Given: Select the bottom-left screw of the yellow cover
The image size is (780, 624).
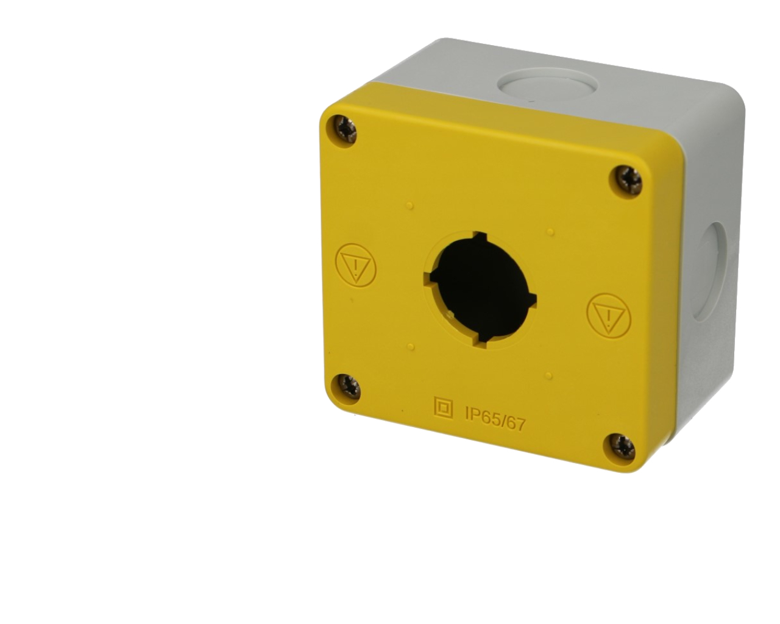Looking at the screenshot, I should (x=347, y=385).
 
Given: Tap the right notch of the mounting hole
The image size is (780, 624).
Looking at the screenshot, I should (x=532, y=299).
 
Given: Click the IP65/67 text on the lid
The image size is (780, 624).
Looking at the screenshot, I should (x=495, y=418).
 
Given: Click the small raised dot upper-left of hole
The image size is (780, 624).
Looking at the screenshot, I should (x=410, y=205).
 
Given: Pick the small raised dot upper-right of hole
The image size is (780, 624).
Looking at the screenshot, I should (x=550, y=232).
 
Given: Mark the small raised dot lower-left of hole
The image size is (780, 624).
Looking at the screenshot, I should (x=412, y=347).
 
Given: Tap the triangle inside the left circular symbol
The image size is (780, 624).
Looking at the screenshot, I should (x=356, y=264).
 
